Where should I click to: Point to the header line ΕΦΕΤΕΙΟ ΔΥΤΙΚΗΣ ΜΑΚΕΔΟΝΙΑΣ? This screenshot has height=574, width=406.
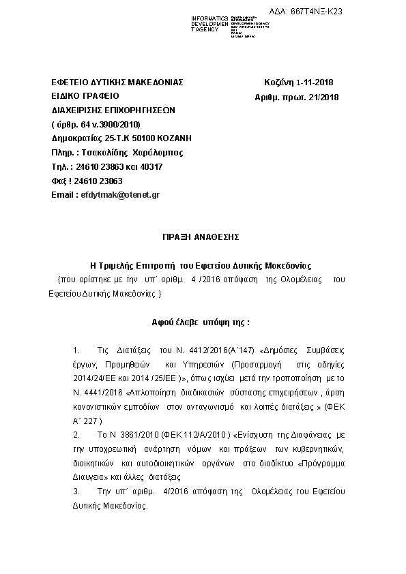point(117,82)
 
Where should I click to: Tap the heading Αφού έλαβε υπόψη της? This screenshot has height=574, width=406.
point(201,320)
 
